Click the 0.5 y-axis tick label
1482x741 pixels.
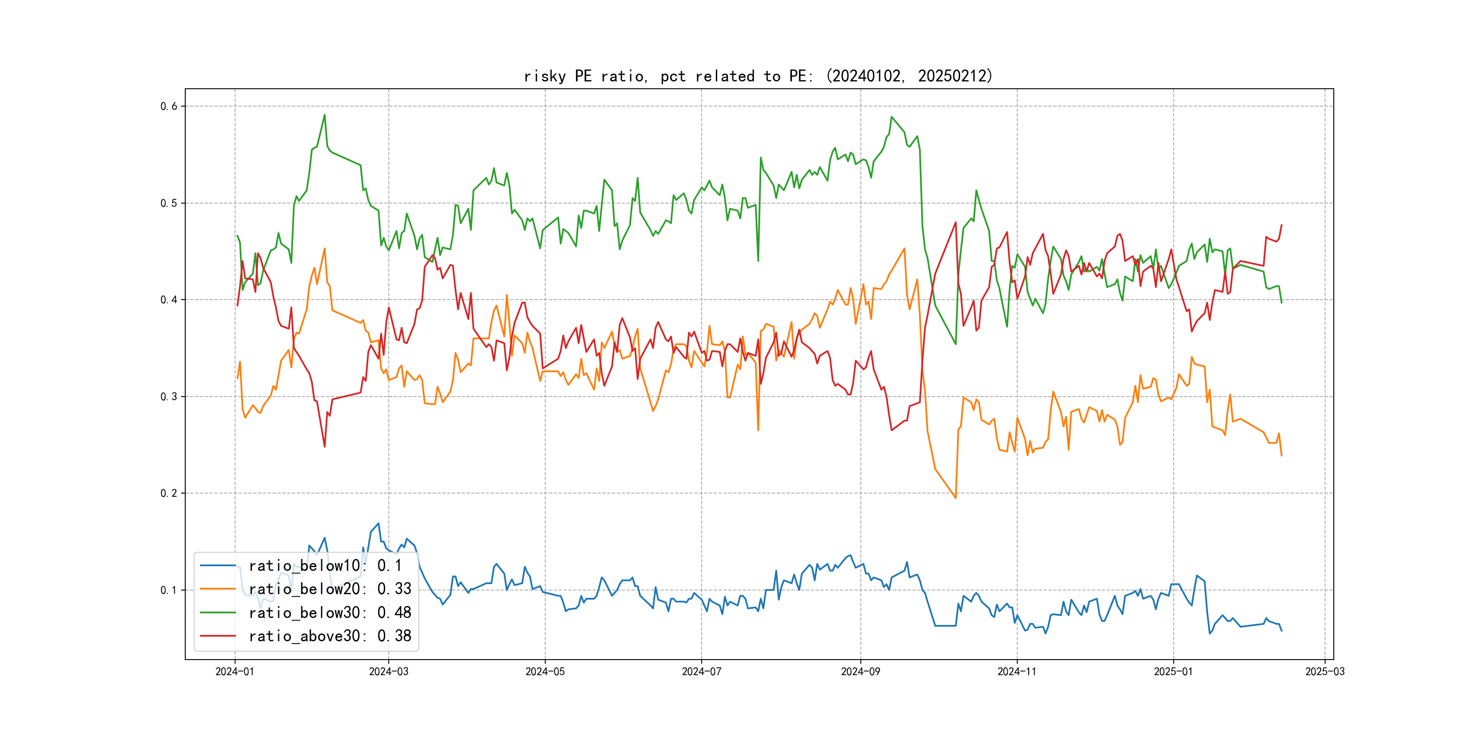[169, 203]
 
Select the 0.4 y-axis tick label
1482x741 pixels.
[169, 300]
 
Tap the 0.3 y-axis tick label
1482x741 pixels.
[169, 397]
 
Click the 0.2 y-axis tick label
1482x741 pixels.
[169, 493]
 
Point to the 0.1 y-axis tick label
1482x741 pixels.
[169, 590]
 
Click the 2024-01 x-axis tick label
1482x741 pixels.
[235, 671]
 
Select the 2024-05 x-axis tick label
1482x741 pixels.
[545, 671]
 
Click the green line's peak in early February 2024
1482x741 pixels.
[324, 115]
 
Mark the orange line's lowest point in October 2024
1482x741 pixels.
[956, 498]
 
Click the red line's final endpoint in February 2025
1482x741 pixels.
[1281, 225]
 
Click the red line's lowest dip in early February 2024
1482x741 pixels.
[324, 446]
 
